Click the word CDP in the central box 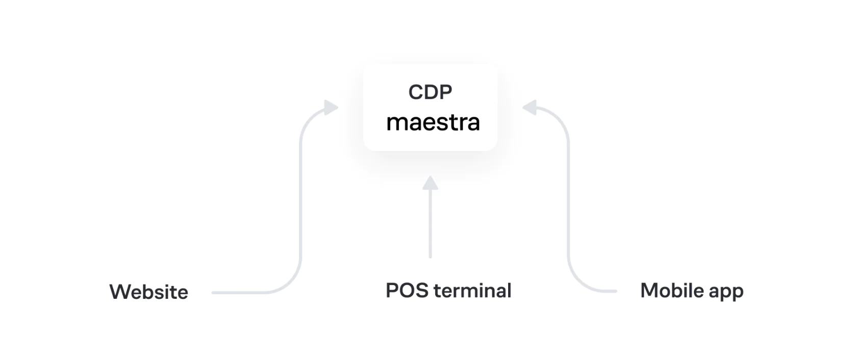[430, 92]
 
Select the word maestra [433, 122]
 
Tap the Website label [149, 292]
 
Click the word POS [407, 291]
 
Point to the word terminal [472, 291]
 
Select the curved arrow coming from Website [300, 204]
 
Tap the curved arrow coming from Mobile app [568, 204]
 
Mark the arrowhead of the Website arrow [332, 108]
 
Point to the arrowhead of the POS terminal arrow [431, 183]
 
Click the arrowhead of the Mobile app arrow [530, 107]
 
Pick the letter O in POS [407, 291]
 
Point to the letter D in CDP [431, 92]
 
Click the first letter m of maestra [396, 123]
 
